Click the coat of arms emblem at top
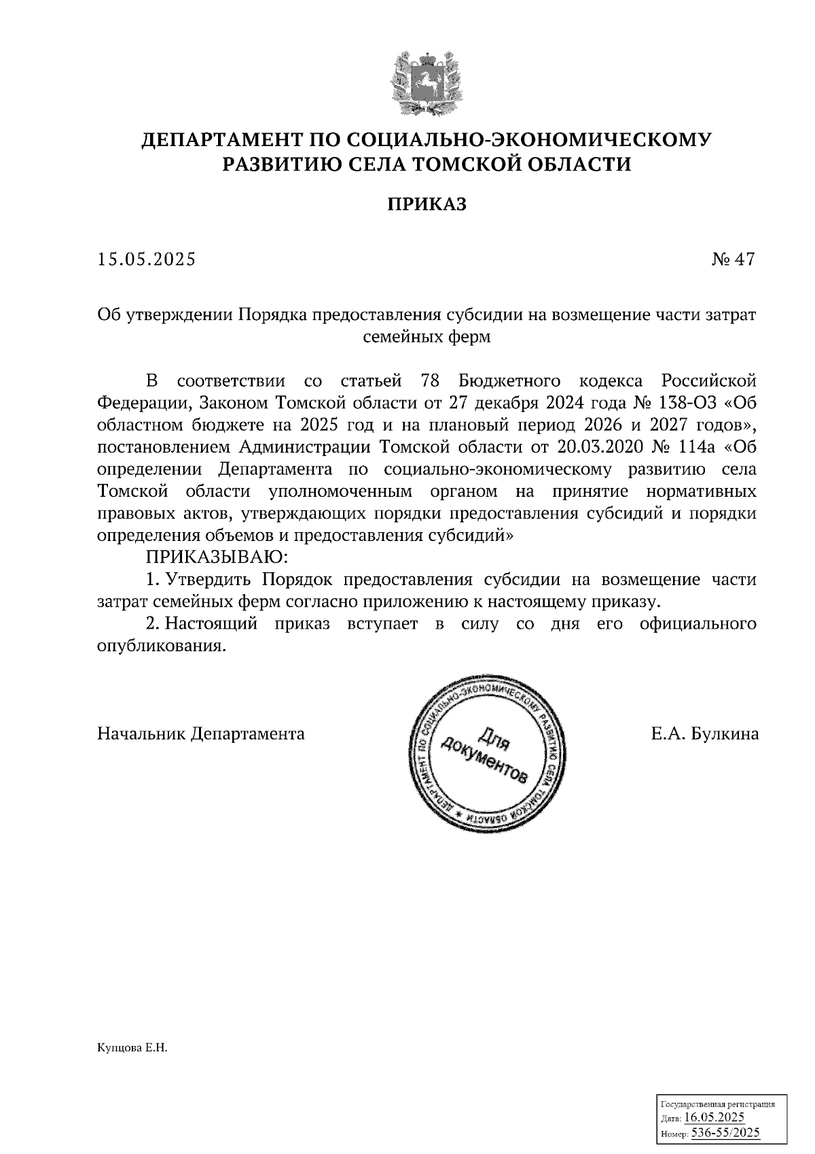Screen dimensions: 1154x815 [x=427, y=83]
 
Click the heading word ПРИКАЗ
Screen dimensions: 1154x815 [x=427, y=205]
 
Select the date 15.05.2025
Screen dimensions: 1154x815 [x=146, y=260]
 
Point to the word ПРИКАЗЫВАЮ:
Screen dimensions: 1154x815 [x=217, y=558]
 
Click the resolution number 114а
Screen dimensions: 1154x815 [x=695, y=447]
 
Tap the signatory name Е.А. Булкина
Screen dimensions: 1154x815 [x=704, y=734]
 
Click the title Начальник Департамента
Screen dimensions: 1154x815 [x=201, y=734]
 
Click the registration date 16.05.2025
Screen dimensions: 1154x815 [x=714, y=1117]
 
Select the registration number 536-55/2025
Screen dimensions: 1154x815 [x=725, y=1133]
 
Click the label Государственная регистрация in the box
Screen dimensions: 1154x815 [x=718, y=1104]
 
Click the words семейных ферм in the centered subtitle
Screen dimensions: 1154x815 [x=427, y=336]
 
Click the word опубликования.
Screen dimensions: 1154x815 [x=161, y=646]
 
